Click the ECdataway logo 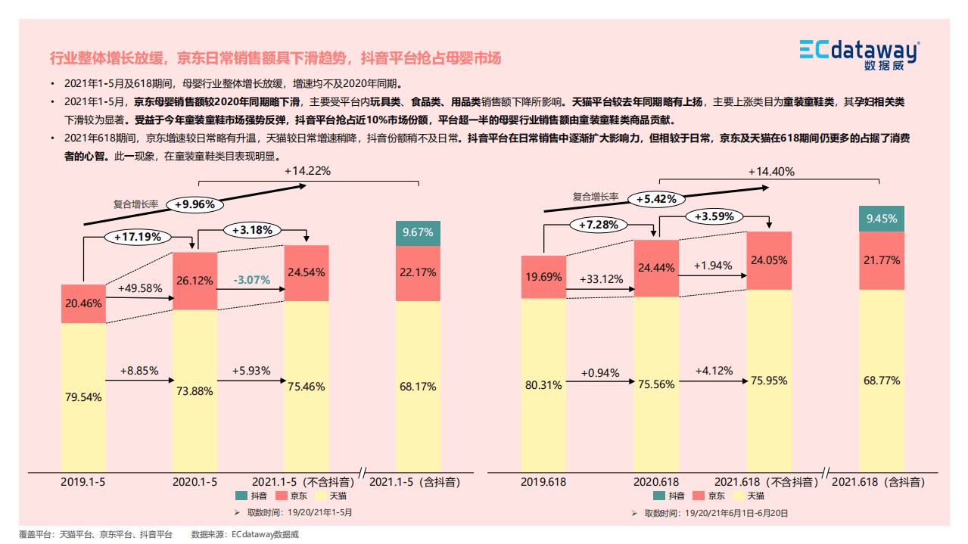[859, 54]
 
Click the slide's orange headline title [275, 58]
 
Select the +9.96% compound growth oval [195, 204]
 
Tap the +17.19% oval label [138, 237]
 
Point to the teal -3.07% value [251, 279]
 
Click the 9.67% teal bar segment [418, 233]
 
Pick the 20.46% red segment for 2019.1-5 [83, 303]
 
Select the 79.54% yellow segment [83, 396]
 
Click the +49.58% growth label [139, 288]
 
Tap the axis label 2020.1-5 [195, 481]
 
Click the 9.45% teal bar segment [882, 219]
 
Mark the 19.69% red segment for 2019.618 [543, 277]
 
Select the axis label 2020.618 [655, 481]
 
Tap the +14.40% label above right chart [771, 172]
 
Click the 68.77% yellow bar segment [882, 381]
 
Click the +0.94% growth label [600, 373]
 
